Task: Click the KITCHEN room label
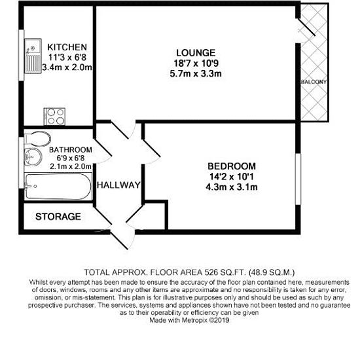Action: pyautogui.click(x=67, y=47)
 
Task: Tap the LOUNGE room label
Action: pyautogui.click(x=196, y=53)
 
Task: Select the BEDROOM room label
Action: pyautogui.click(x=232, y=166)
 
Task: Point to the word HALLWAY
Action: pyautogui.click(x=118, y=185)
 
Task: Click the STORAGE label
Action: pyautogui.click(x=58, y=217)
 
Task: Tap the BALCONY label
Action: pyautogui.click(x=314, y=82)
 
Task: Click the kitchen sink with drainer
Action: pyautogui.click(x=33, y=56)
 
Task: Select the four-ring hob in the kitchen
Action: pyautogui.click(x=54, y=117)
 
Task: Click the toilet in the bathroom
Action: pyautogui.click(x=38, y=139)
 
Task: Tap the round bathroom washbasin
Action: pyautogui.click(x=33, y=157)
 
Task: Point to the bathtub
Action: pyautogui.click(x=58, y=187)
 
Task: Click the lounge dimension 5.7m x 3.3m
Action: pyautogui.click(x=196, y=74)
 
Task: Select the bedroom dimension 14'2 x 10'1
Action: pyautogui.click(x=232, y=177)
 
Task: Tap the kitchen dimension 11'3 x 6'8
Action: pyautogui.click(x=67, y=58)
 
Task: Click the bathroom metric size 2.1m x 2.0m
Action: pyautogui.click(x=71, y=166)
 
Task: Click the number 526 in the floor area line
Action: pyautogui.click(x=211, y=272)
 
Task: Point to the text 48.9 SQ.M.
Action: pyautogui.click(x=272, y=272)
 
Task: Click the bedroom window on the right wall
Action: pyautogui.click(x=298, y=179)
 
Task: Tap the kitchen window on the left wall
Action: pyautogui.click(x=21, y=56)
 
